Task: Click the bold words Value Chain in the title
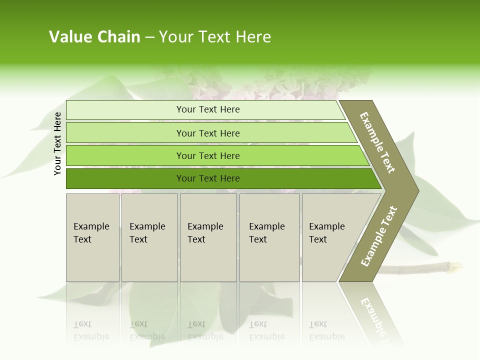94,37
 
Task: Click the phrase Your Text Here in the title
215,37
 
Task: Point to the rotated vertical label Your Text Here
57,143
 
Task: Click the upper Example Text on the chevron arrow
377,142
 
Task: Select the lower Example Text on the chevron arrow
379,236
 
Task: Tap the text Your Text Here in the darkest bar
208,178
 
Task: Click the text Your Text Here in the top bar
208,109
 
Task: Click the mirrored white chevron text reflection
375,315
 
